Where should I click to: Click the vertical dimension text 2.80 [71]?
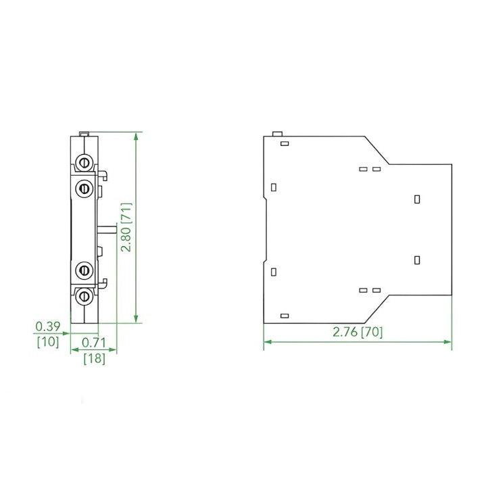pos(126,228)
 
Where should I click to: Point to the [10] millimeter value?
pos(48,342)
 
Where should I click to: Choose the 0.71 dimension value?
pos(93,343)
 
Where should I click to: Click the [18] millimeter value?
pos(93,359)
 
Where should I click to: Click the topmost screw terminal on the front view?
pos(85,162)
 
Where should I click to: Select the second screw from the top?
pos(85,187)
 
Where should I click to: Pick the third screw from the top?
pos(85,270)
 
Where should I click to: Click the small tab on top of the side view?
pos(276,134)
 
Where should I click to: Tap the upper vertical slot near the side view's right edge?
pos(417,199)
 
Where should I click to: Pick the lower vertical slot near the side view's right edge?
pos(417,260)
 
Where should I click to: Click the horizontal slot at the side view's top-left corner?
pos(285,144)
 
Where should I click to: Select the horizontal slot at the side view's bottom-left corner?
pos(285,316)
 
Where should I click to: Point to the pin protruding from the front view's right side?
pos(107,229)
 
